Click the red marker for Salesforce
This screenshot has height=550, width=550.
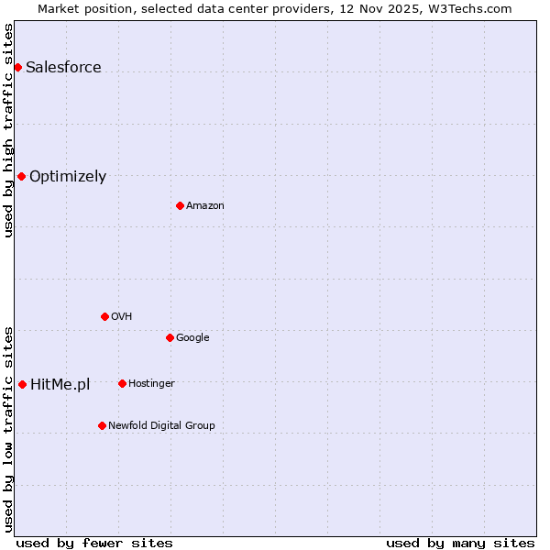pos(17,67)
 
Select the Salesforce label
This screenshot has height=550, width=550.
pos(63,68)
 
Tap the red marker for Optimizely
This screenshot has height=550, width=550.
pos(21,176)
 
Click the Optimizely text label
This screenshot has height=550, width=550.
pos(68,177)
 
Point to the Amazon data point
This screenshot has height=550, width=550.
pos(180,205)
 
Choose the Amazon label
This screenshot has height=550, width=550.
pos(205,206)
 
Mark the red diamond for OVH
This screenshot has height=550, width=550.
pos(104,316)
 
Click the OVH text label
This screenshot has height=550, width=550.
pos(122,317)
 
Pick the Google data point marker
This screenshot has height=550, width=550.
pos(170,337)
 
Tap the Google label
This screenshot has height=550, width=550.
pos(192,338)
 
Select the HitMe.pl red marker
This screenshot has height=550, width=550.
pos(22,384)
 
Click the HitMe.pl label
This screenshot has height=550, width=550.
pos(60,385)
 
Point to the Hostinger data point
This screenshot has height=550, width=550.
pos(122,383)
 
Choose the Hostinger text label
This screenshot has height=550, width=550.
pos(151,384)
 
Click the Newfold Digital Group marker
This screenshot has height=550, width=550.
pos(102,425)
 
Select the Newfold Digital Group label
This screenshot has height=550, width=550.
pos(161,426)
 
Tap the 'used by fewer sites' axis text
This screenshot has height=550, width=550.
pos(94,543)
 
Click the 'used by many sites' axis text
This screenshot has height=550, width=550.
pos(460,543)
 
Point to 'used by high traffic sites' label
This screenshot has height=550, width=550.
pos(8,130)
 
